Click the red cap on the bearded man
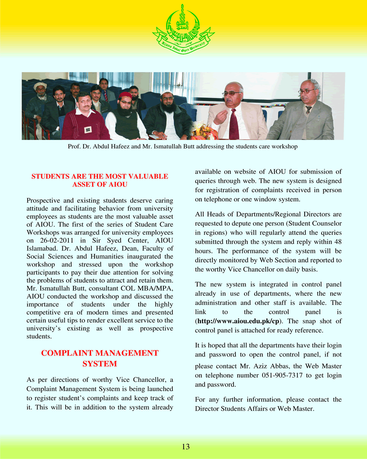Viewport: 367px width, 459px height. pos(124,95)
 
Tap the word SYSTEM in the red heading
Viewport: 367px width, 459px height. pos(100,364)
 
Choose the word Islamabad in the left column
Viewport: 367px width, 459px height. pos(43,248)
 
